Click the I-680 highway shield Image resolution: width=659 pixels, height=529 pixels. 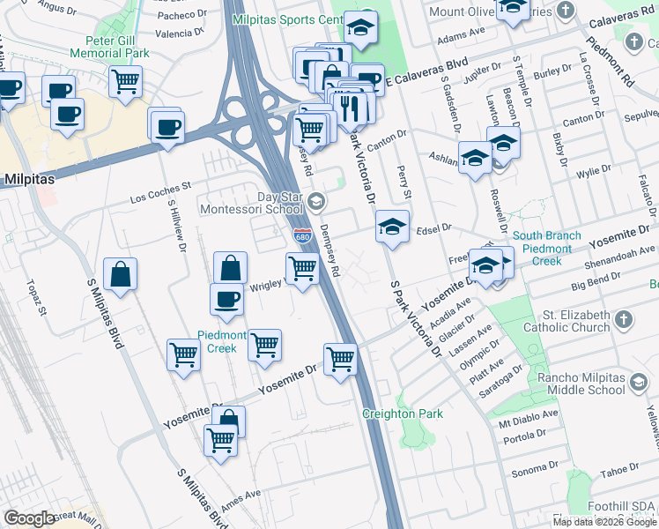coord(301,236)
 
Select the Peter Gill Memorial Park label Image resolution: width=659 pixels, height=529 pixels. coord(116,47)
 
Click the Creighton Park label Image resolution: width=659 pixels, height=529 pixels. coord(403,414)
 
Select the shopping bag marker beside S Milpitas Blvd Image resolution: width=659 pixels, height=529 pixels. coord(120,274)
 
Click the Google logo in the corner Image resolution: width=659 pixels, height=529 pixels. coord(30,518)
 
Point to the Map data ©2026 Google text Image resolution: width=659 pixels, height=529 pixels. coord(603,522)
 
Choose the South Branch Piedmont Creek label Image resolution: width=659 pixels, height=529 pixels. coord(547,249)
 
